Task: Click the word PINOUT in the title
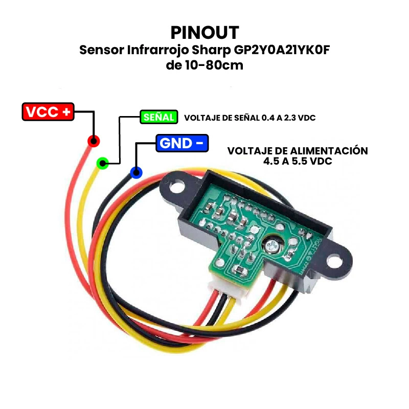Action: click(x=204, y=33)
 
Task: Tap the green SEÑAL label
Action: click(x=158, y=117)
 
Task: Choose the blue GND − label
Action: click(x=182, y=143)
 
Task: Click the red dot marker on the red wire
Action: click(x=93, y=141)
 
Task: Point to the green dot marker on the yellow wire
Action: click(x=102, y=164)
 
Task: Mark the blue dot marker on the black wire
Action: click(x=136, y=173)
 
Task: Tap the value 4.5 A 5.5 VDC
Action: click(x=297, y=161)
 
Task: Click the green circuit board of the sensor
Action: click(x=240, y=230)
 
